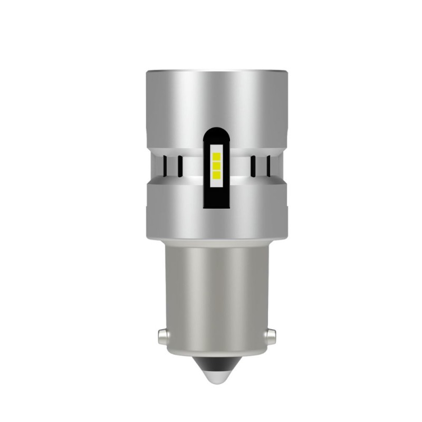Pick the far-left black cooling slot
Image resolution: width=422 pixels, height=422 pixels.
(165, 166)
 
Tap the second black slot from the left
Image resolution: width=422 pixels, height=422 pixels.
(179, 166)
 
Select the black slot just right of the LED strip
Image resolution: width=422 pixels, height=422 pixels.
(253, 166)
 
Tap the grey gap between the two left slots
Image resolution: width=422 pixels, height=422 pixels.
(172, 166)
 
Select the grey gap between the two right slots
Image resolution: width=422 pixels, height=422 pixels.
(260, 166)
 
